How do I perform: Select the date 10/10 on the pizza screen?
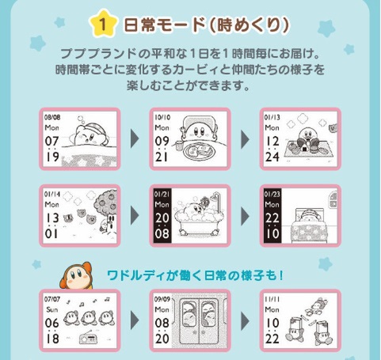pos(162,116)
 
